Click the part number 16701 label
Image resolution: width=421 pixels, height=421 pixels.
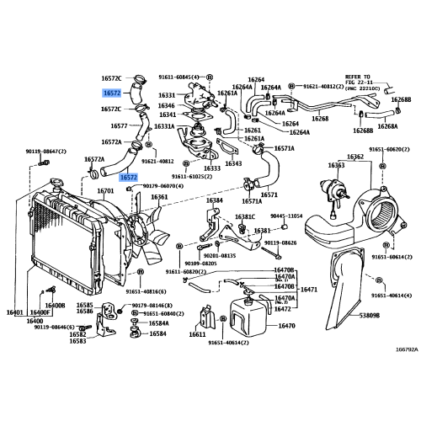point(105,191)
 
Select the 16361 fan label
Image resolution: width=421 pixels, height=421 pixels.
point(159,198)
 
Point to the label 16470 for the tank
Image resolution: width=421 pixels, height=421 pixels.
point(286,324)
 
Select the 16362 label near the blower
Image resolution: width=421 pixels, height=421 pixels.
point(355,157)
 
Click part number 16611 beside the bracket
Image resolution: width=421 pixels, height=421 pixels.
point(197,334)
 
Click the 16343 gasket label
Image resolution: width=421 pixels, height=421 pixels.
point(234,163)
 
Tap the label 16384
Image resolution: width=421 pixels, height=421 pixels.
point(215,200)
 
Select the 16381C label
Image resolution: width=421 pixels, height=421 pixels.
point(244,216)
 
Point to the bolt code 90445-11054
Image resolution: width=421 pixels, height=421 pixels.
point(287,216)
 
